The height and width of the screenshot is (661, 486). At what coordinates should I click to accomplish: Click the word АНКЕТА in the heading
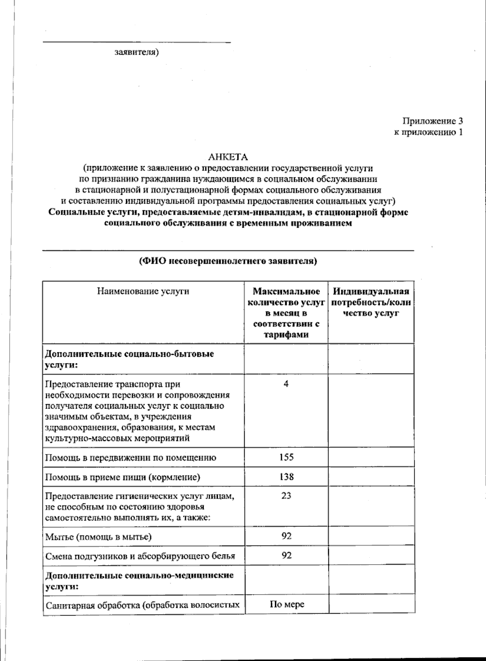pyautogui.click(x=228, y=157)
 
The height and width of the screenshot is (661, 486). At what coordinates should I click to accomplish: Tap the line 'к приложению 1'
pyautogui.click(x=428, y=132)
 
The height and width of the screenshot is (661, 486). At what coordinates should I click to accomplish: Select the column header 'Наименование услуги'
pyautogui.click(x=143, y=291)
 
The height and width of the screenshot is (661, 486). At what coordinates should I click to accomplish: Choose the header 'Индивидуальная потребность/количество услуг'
pyautogui.click(x=371, y=302)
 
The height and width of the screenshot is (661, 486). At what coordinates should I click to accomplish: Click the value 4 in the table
pyautogui.click(x=286, y=384)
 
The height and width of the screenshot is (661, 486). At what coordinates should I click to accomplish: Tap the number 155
pyautogui.click(x=286, y=457)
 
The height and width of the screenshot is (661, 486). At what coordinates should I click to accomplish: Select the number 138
pyautogui.click(x=286, y=477)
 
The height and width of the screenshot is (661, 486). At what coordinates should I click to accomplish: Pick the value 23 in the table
pyautogui.click(x=286, y=496)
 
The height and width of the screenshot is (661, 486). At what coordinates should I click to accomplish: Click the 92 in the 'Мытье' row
pyautogui.click(x=286, y=536)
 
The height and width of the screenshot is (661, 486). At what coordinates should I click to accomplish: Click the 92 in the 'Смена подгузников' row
pyautogui.click(x=286, y=555)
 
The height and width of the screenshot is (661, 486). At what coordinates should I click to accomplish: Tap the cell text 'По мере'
pyautogui.click(x=287, y=605)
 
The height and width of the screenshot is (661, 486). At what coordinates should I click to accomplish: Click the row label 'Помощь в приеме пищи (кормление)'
pyautogui.click(x=123, y=477)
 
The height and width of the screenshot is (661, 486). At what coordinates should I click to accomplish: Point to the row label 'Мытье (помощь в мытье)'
pyautogui.click(x=98, y=537)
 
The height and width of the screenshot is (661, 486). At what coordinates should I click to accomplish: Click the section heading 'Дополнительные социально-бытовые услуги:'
pyautogui.click(x=129, y=359)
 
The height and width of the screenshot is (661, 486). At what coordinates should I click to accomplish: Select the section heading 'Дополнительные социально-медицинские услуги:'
pyautogui.click(x=139, y=580)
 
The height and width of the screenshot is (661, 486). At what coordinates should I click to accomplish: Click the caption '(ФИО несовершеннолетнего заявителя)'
pyautogui.click(x=228, y=261)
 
